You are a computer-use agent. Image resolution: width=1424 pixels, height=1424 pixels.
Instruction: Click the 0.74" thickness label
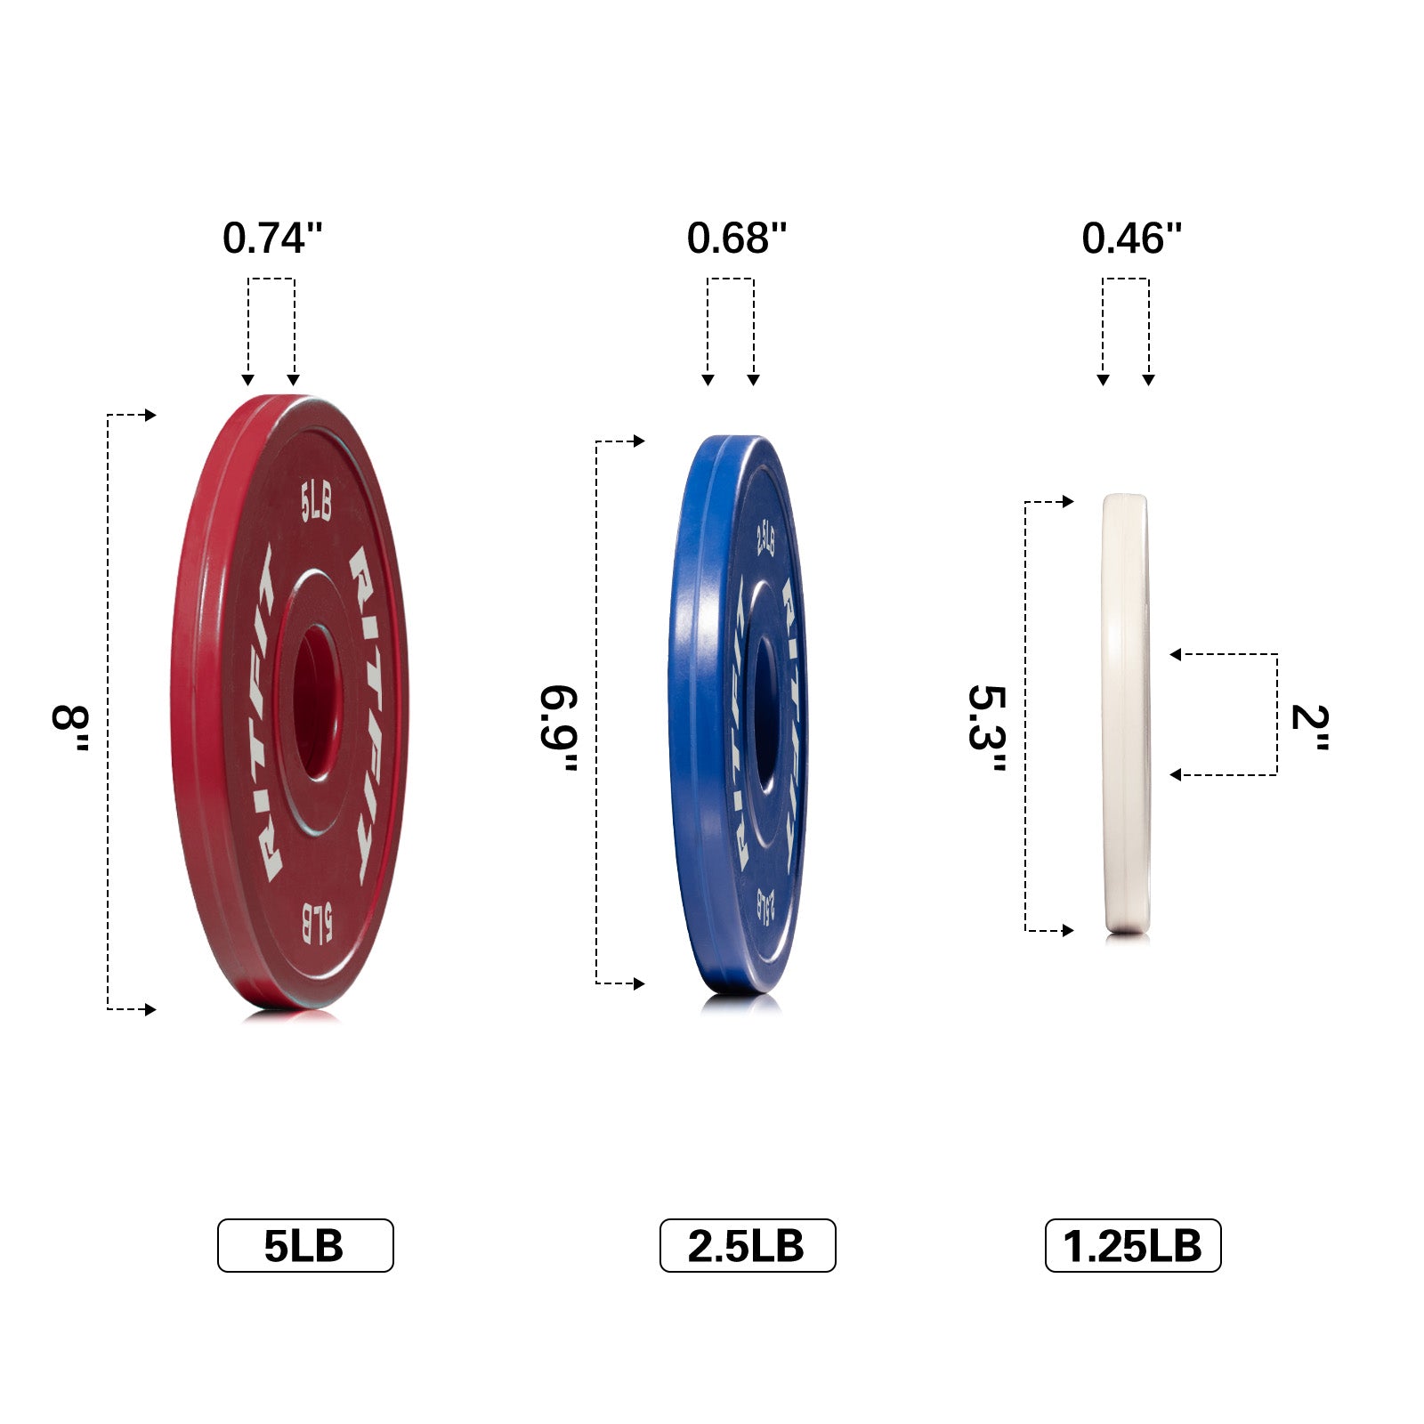coord(271,239)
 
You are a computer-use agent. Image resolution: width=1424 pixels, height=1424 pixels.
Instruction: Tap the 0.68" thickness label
coord(736,239)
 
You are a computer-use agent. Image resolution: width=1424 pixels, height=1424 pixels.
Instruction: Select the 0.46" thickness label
coord(1131,239)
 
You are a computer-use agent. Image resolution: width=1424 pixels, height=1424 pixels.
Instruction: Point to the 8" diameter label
coord(71,728)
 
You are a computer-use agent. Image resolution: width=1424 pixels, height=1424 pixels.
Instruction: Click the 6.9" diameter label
coord(560,728)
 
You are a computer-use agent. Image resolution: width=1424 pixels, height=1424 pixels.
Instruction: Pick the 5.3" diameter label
coord(988,728)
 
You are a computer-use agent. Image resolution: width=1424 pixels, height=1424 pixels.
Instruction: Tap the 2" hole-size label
coord(1309,728)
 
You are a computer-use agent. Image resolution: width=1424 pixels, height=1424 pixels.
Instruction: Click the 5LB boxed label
coord(304,1245)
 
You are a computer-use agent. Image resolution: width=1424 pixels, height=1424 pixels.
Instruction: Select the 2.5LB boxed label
coord(747,1245)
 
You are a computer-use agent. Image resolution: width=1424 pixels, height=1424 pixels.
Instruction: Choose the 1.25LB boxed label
coord(1132,1245)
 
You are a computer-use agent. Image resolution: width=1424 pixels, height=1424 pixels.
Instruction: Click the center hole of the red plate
coord(312,703)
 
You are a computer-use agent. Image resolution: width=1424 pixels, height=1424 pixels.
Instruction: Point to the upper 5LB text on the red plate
coord(316,503)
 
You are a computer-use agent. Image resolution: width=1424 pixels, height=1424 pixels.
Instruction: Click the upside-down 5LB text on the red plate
coord(317,924)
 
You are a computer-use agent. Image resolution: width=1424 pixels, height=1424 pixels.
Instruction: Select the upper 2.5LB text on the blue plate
coord(765,538)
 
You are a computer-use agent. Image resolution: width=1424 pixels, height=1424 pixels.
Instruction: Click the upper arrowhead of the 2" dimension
coord(1176,655)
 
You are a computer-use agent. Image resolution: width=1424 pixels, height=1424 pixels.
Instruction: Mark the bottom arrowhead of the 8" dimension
coord(151,1009)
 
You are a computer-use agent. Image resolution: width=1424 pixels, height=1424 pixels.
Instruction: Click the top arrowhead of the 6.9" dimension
coord(639,441)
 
